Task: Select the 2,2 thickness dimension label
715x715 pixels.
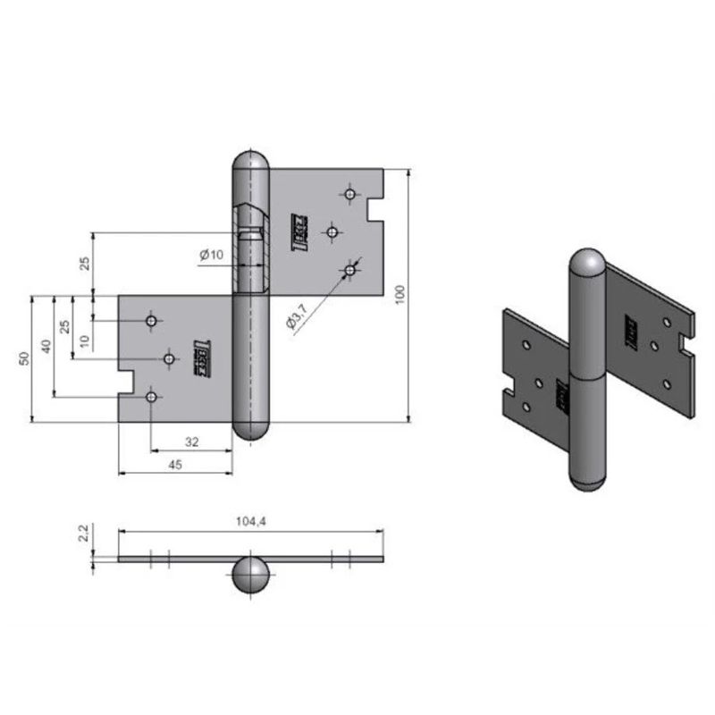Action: tap(83, 534)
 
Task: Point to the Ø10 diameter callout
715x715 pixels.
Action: tap(211, 256)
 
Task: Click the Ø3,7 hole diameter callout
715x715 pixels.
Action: tap(299, 316)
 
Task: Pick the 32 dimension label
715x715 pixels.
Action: tap(191, 441)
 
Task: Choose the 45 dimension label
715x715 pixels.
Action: tap(175, 463)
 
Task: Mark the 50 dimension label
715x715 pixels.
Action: tap(25, 358)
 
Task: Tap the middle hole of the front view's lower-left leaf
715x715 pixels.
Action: tap(169, 358)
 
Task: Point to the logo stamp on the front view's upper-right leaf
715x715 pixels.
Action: tap(301, 231)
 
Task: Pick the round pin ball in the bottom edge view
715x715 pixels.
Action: tap(249, 576)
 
